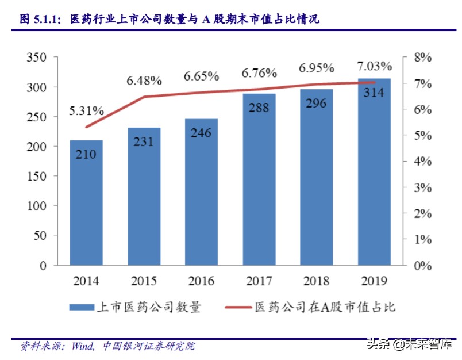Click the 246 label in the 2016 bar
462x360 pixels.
click(201, 133)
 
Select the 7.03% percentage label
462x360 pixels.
click(374, 66)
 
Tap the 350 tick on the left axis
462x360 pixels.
click(36, 58)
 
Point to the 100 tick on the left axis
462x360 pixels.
click(36, 205)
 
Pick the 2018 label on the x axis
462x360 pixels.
click(316, 281)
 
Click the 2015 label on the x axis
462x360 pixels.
click(144, 281)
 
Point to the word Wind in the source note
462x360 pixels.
click(83, 346)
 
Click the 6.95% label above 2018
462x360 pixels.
click(317, 68)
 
